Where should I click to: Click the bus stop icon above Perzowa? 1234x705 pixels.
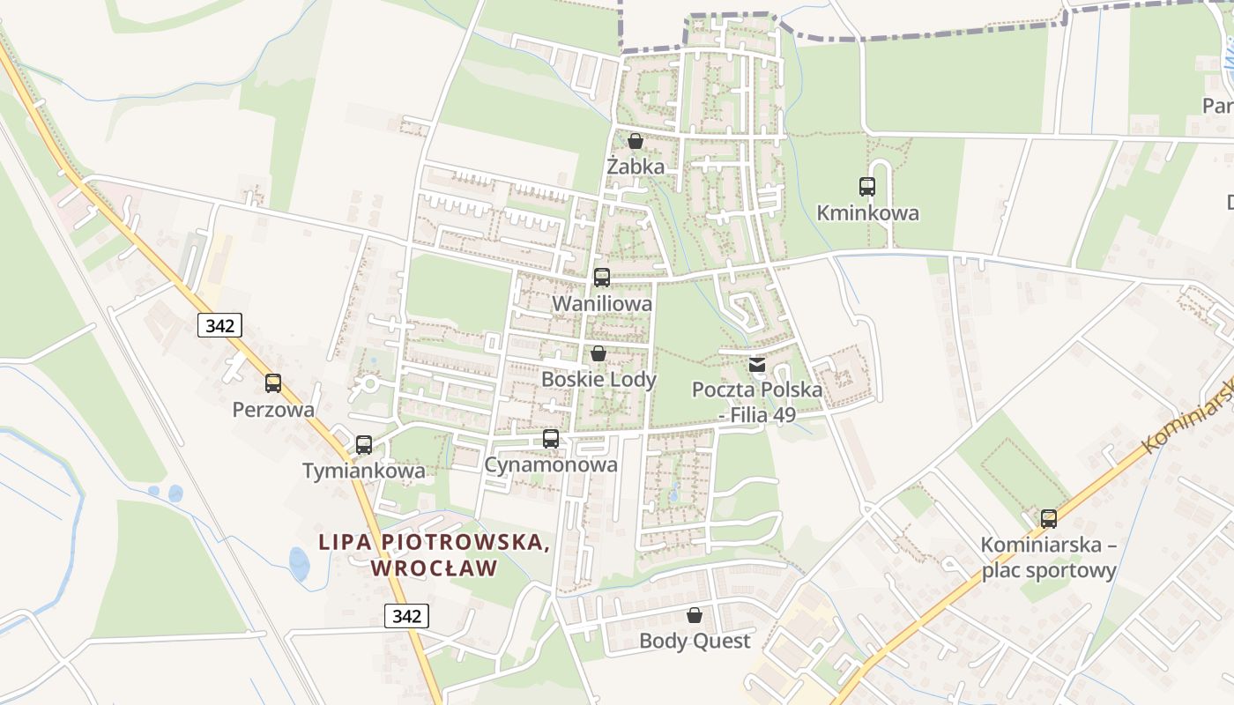(x=273, y=383)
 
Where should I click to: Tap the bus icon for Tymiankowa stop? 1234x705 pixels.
(x=364, y=445)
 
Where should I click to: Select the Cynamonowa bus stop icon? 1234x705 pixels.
(x=551, y=439)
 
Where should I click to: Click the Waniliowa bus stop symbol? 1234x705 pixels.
(x=602, y=278)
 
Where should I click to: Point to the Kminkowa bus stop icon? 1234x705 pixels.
(x=867, y=187)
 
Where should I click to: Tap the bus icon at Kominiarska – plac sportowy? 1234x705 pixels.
(x=1049, y=519)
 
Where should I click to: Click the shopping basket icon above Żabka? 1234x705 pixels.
(x=636, y=141)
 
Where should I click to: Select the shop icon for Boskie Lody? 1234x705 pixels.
(x=598, y=353)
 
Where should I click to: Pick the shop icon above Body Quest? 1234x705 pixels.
(x=695, y=614)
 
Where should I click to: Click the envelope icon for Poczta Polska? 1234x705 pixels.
(x=757, y=365)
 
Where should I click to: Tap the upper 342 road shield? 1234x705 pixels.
(x=219, y=325)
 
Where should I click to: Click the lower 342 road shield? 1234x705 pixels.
(x=406, y=615)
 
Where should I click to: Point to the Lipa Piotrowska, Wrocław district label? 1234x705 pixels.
(x=435, y=554)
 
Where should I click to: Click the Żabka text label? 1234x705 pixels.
(x=636, y=166)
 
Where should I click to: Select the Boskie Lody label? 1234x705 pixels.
(x=598, y=379)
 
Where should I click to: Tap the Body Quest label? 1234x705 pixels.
(x=695, y=641)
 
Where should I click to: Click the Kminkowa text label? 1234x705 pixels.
(x=867, y=212)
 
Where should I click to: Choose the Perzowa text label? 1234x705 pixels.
(x=273, y=409)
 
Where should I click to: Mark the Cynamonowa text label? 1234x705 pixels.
(x=551, y=464)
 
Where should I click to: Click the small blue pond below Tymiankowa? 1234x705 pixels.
(x=300, y=563)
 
